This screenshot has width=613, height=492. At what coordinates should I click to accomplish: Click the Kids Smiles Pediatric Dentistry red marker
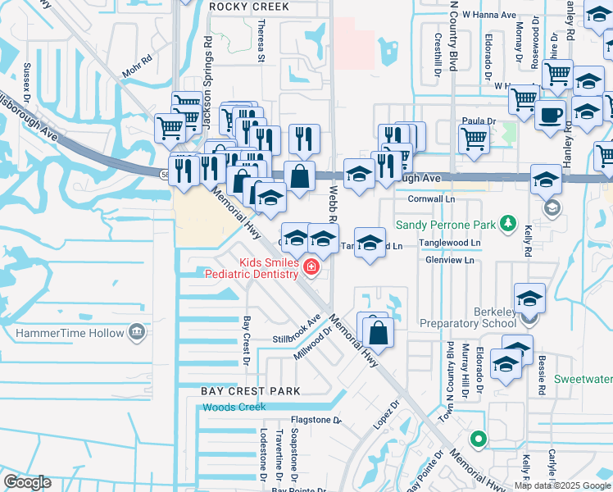pyautogui.click(x=311, y=266)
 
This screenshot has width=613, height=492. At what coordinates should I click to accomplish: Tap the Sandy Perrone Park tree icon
pyautogui.click(x=509, y=223)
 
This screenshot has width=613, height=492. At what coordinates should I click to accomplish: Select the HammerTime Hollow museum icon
pyautogui.click(x=136, y=332)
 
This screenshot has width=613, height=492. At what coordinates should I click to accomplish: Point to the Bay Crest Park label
pyautogui.click(x=251, y=391)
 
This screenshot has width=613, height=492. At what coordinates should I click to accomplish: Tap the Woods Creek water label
pyautogui.click(x=234, y=408)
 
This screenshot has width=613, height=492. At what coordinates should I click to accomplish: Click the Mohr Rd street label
pyautogui.click(x=136, y=60)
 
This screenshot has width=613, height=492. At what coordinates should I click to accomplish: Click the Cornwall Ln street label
pyautogui.click(x=431, y=198)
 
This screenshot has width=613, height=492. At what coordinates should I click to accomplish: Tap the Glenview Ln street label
pyautogui.click(x=450, y=260)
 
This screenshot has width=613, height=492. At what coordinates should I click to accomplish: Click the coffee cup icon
pyautogui.click(x=550, y=113)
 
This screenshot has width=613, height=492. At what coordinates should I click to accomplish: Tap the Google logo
pyautogui.click(x=27, y=482)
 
